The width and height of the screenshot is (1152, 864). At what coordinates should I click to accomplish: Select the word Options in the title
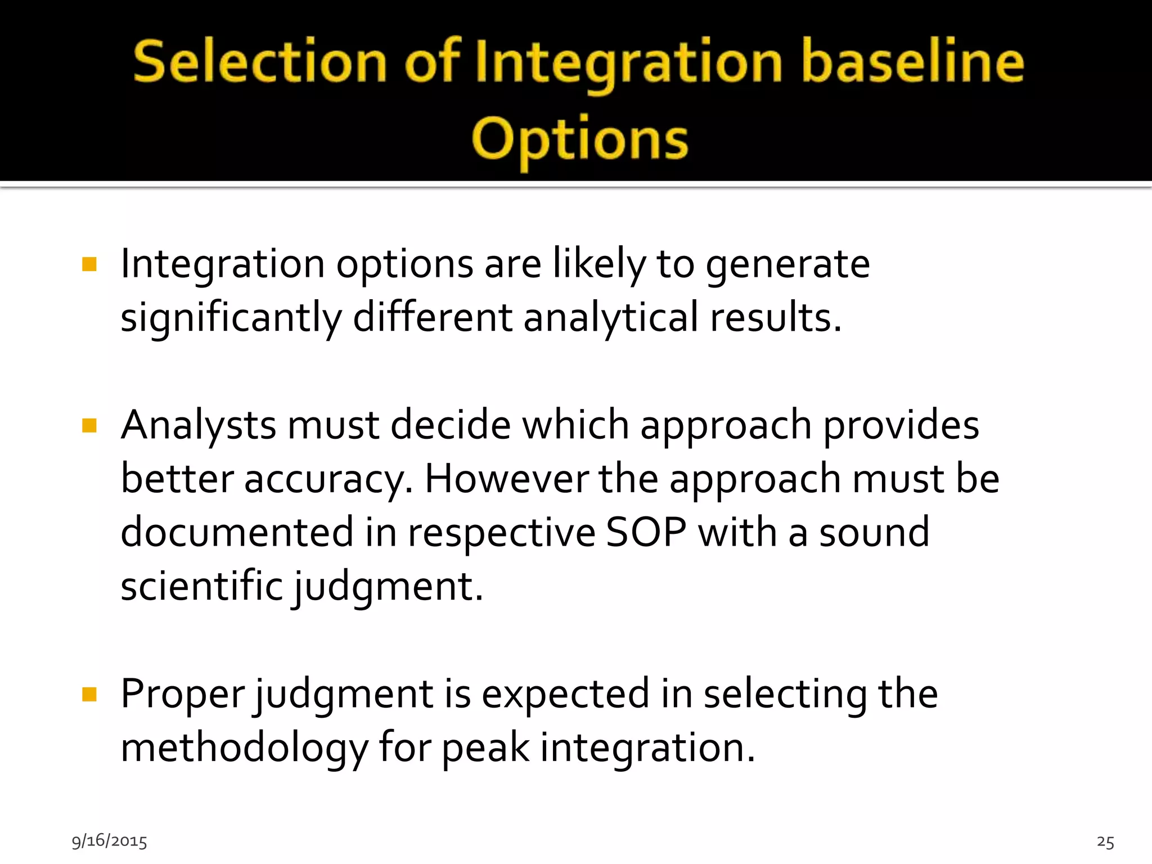click(579, 139)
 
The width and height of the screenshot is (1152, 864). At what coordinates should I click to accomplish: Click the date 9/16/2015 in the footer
click(109, 841)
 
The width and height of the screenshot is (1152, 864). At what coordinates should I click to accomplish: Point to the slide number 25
click(1105, 842)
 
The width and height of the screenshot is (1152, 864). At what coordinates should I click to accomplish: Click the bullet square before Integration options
click(89, 264)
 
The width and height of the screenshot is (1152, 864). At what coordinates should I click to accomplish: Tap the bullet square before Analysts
click(89, 426)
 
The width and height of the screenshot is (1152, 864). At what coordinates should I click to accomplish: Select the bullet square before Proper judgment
click(89, 695)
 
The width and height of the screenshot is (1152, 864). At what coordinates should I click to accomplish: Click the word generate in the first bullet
click(787, 264)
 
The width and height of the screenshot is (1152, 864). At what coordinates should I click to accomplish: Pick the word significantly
click(231, 318)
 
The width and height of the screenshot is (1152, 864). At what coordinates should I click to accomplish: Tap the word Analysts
click(198, 425)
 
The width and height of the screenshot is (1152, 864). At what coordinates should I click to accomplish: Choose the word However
click(506, 479)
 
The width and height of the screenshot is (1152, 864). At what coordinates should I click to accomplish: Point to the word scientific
click(201, 586)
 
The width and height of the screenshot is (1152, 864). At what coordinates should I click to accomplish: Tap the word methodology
click(244, 749)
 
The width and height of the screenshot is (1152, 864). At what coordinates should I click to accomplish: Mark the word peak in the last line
click(485, 749)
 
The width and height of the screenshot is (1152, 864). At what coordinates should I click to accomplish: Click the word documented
click(237, 533)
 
